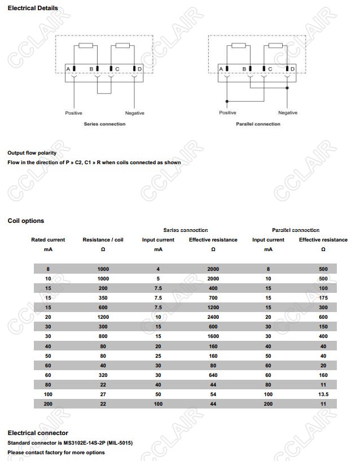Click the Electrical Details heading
[33, 8]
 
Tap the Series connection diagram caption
[105, 124]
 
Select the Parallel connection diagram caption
[258, 124]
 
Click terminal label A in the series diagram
[68, 68]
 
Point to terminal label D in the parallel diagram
[292, 69]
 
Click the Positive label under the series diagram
[73, 113]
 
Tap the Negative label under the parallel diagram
[288, 113]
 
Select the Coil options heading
[25, 221]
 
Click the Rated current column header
[48, 240]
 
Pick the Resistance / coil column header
[103, 240]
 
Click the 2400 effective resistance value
[213, 317]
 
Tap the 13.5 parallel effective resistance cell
[323, 394]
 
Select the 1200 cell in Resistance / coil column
[103, 317]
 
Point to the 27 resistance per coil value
[103, 394]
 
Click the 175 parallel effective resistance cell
[323, 298]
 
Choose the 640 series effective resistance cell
[213, 375]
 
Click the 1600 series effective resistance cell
[213, 336]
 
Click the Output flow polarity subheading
[32, 153]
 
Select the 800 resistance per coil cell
[103, 336]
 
